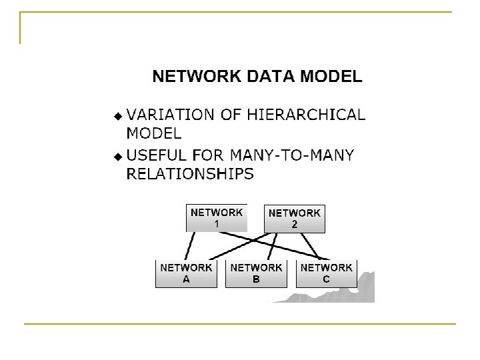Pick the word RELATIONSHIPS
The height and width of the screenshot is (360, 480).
click(190, 174)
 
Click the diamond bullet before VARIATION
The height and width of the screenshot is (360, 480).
click(118, 115)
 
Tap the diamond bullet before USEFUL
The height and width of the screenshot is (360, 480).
click(118, 157)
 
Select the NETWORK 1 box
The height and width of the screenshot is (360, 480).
click(216, 218)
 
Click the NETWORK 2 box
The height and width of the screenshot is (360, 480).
click(294, 219)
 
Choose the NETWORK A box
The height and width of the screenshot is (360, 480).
click(186, 273)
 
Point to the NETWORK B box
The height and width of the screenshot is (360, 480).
click(256, 273)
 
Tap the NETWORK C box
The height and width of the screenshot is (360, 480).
click(326, 273)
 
